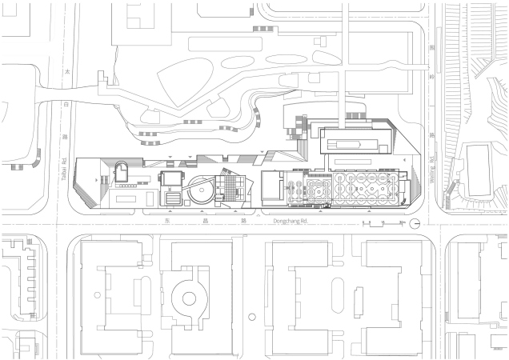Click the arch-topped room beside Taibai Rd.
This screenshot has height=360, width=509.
coord(123,170)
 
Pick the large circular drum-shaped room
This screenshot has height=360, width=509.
coord(200,190)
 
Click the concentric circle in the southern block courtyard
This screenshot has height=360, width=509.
coord(190,298)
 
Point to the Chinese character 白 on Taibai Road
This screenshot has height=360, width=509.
coord(66,104)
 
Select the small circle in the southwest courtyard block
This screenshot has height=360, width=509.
coord(97,292)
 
